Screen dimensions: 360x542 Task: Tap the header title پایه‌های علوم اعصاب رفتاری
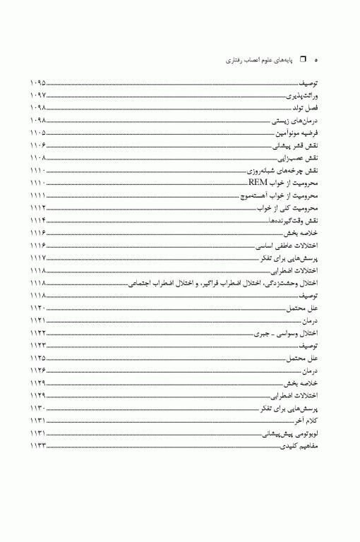coord(260,61)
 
